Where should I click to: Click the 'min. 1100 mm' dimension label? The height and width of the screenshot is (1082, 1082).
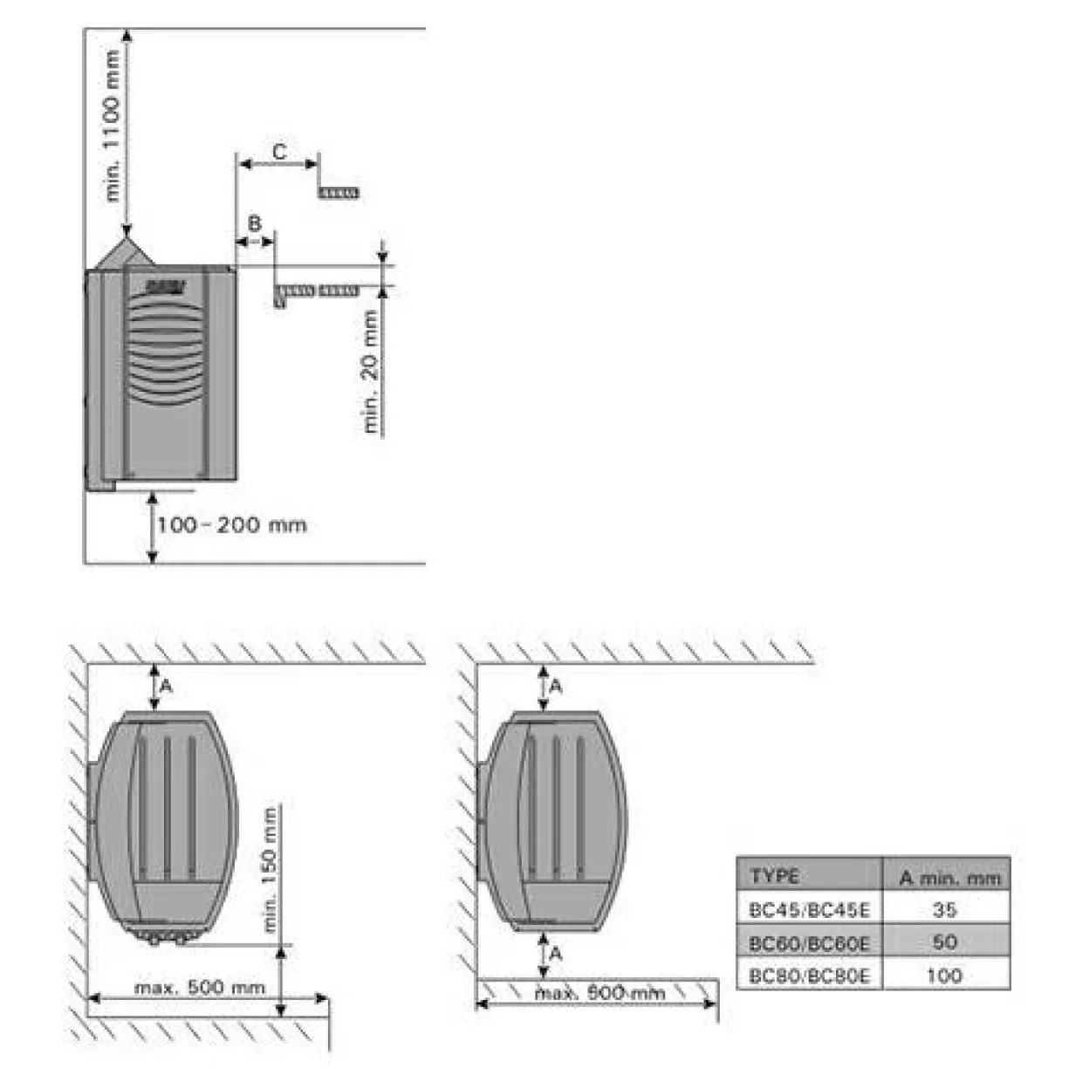[x=113, y=127]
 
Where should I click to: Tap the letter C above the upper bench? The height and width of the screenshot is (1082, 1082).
[x=279, y=152]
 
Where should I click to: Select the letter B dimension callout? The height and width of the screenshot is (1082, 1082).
[x=254, y=223]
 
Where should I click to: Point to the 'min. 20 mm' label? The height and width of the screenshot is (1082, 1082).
[x=371, y=371]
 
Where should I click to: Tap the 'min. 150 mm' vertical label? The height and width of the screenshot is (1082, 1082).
[x=270, y=871]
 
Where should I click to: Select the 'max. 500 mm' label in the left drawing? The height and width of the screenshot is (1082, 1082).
[x=200, y=988]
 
